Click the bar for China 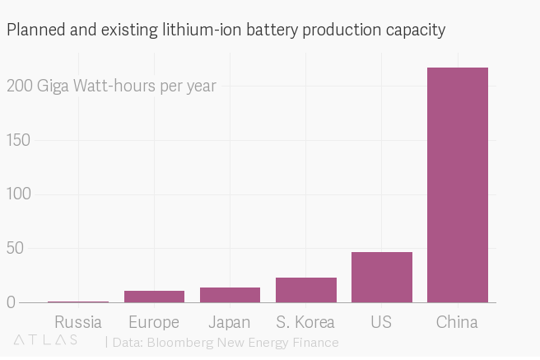[x=458, y=185]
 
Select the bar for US [x=382, y=277]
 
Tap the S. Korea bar [x=306, y=290]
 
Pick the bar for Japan [x=230, y=295]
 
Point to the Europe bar [x=154, y=297]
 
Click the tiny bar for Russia [x=78, y=302]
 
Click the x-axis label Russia [x=78, y=322]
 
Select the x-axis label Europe [x=154, y=322]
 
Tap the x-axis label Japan [x=230, y=322]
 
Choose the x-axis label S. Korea [x=306, y=322]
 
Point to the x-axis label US [x=381, y=322]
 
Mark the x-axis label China [x=457, y=322]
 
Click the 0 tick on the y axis [x=12, y=302]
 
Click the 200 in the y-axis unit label [x=20, y=86]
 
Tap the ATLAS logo [x=46, y=339]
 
